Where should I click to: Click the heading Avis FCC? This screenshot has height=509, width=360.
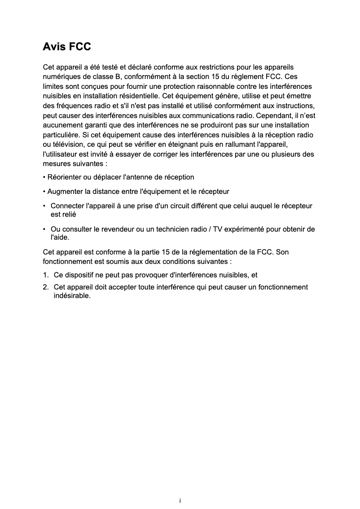67,47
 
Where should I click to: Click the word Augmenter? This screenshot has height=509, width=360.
65,192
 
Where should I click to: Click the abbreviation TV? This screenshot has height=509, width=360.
218,229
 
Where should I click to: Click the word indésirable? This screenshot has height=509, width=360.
72,296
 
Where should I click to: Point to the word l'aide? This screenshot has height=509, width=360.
60,237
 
